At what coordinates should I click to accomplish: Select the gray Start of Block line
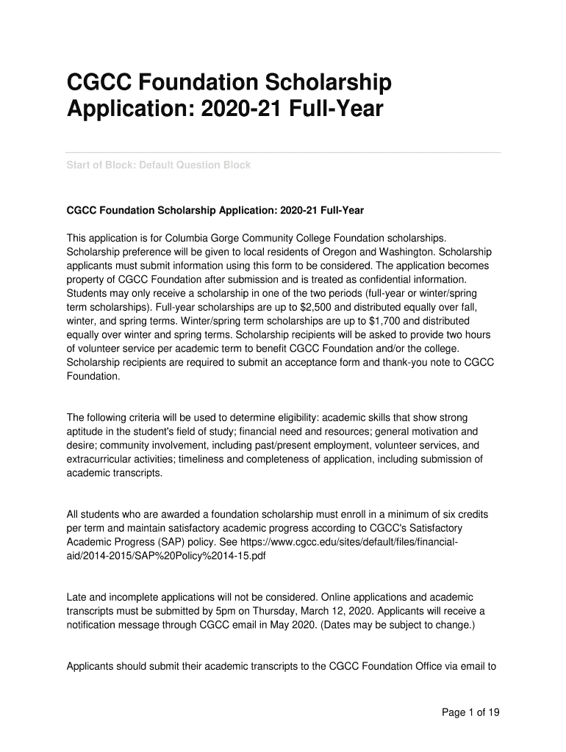(x=159, y=165)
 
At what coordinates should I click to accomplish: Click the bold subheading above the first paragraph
(x=215, y=210)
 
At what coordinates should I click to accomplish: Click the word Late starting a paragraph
(x=77, y=597)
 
